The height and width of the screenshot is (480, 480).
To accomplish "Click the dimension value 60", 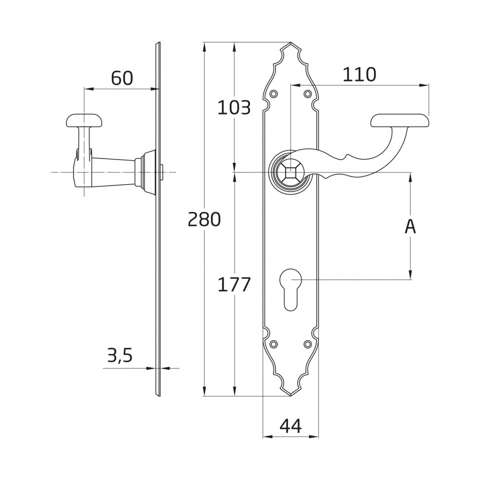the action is [122, 78].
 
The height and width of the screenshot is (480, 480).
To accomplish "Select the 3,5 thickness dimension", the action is [119, 355].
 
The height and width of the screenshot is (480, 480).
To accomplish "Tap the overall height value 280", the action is [204, 219].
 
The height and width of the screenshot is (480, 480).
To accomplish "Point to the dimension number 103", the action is [234, 107].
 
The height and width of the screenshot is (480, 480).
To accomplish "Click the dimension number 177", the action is [234, 284].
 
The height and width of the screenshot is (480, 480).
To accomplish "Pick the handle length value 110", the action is [359, 74].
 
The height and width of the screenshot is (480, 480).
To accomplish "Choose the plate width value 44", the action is [290, 425].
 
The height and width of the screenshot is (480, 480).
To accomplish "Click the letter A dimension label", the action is [410, 226].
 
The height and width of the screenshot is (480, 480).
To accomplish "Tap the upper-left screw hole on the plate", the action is [274, 93].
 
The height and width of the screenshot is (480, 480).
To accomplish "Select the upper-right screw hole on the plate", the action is [307, 93].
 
